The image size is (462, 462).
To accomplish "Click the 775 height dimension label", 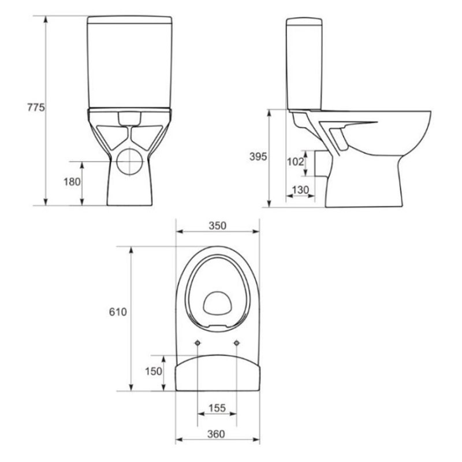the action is [36, 107].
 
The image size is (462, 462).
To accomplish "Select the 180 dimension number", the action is [72, 182].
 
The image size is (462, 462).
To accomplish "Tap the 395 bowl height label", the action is [258, 157].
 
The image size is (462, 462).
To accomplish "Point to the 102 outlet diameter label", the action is [295, 162].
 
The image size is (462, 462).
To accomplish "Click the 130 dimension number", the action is [300, 190].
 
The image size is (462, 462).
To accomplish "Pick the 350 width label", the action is [218, 226].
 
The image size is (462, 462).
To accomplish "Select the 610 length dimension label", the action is [118, 312].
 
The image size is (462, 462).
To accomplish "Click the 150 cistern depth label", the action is [154, 371].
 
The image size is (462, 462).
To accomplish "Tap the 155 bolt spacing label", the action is [217, 408].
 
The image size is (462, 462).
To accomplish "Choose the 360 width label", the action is [216, 434].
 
